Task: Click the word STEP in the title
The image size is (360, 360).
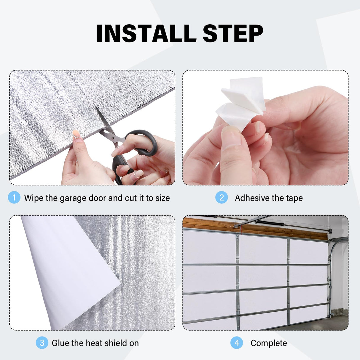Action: tap(233, 34)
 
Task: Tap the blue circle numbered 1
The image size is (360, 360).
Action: tap(14, 197)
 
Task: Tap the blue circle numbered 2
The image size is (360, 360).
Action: tap(222, 197)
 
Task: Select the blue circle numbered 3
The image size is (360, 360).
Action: tap(42, 343)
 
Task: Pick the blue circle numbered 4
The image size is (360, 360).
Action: tap(237, 343)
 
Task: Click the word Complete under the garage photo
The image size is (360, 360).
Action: tap(269, 343)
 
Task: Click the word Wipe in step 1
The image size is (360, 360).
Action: tap(34, 198)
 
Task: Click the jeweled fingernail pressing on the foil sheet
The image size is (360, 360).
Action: tap(77, 136)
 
